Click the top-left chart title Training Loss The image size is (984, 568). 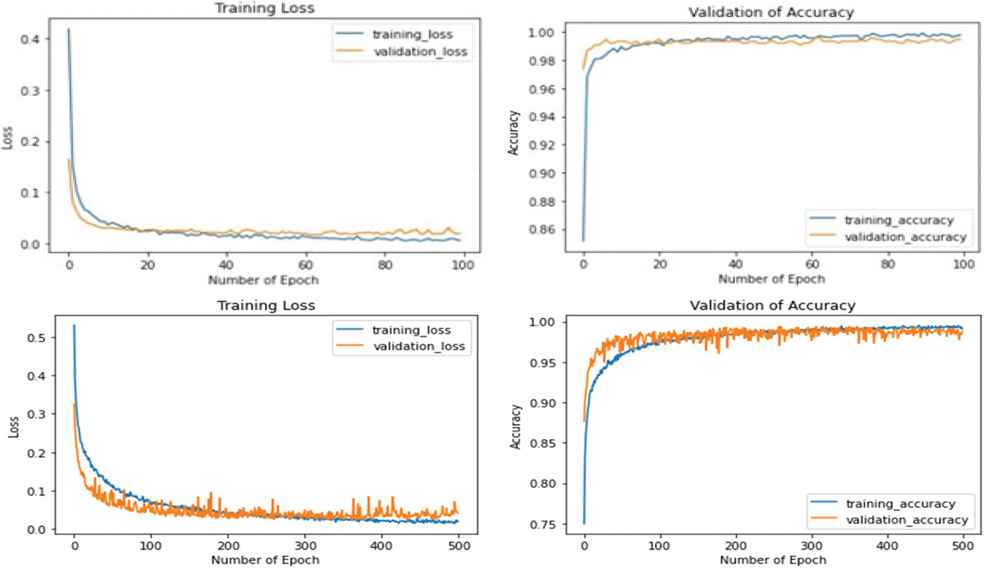tap(264, 8)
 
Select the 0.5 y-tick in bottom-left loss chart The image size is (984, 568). tap(36, 338)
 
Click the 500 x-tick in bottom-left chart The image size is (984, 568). tap(458, 546)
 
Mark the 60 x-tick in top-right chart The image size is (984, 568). tap(812, 264)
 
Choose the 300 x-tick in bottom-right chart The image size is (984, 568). tap(811, 546)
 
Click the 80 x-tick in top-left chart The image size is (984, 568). tap(385, 265)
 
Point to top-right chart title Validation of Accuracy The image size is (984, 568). tap(771, 12)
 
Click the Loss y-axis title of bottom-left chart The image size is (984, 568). tap(14, 427)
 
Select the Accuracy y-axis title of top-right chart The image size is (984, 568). tap(514, 133)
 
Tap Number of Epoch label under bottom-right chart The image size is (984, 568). tap(772, 560)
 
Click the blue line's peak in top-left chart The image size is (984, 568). tap(68, 30)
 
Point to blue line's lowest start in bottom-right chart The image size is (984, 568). tap(584, 523)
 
